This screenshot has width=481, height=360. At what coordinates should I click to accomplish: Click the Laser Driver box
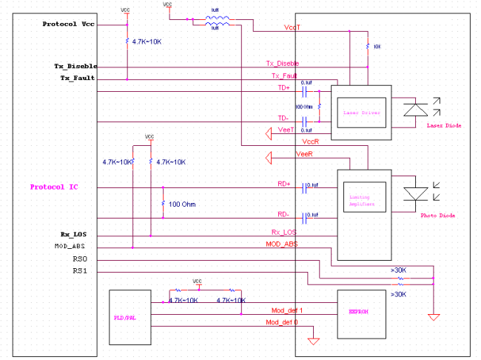361,113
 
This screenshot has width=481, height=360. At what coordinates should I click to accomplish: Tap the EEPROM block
359,312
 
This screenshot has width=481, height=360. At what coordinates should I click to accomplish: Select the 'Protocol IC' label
54,187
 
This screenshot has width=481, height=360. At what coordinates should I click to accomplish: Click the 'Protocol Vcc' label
68,24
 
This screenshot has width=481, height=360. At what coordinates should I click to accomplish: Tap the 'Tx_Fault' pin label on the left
77,79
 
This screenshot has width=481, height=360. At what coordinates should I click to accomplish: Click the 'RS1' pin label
80,271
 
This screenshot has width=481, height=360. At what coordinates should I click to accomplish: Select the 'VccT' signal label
291,27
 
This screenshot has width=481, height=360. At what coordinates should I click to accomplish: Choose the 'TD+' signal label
283,88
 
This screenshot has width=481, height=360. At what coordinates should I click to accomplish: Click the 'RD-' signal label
283,214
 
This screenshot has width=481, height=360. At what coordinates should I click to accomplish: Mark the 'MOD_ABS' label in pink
281,244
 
